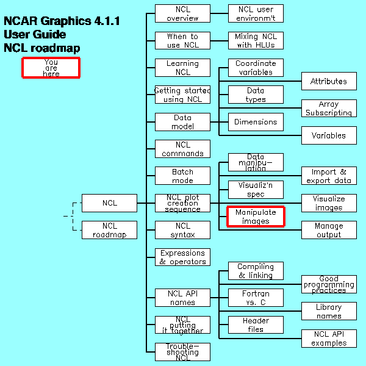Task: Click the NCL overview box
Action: click(x=182, y=13)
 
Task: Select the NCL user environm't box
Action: click(x=256, y=13)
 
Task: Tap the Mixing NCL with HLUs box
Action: click(x=256, y=41)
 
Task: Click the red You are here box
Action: click(x=51, y=68)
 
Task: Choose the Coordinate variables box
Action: click(x=256, y=68)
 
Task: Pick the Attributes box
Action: click(x=329, y=81)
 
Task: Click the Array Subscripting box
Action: click(x=329, y=109)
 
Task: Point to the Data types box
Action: click(x=256, y=95)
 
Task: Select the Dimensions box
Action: click(x=256, y=122)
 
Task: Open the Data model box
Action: click(x=182, y=122)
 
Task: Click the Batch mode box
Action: click(x=182, y=176)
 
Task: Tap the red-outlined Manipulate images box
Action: click(x=256, y=217)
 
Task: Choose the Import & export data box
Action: click(x=329, y=176)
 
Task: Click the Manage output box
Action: click(x=329, y=230)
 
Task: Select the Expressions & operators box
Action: click(x=182, y=257)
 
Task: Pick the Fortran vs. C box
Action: click(x=256, y=298)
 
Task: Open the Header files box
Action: click(x=256, y=325)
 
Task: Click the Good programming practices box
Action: click(x=329, y=284)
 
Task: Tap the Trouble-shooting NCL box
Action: click(x=182, y=352)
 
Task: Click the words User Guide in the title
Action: click(x=35, y=35)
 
